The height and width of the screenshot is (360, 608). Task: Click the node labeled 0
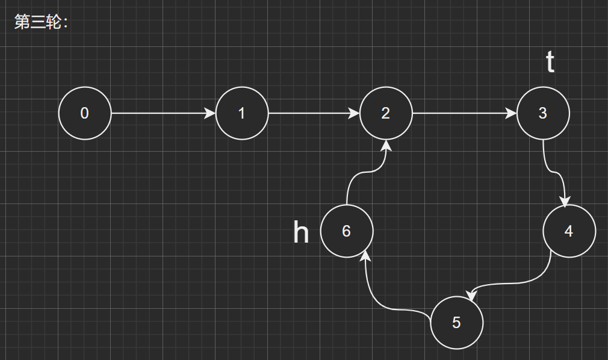click(x=85, y=113)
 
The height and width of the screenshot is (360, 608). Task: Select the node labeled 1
click(x=241, y=113)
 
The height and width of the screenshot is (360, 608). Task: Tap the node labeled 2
click(x=386, y=113)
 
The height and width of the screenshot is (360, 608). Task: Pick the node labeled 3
click(x=542, y=113)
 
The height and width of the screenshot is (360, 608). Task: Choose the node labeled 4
click(x=569, y=231)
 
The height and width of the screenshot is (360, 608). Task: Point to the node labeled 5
click(x=457, y=323)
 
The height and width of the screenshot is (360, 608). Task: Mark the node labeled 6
click(x=347, y=231)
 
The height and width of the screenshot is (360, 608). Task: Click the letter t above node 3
click(x=550, y=62)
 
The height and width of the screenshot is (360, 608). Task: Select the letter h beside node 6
click(x=301, y=232)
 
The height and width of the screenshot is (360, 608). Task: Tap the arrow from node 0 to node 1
click(x=163, y=113)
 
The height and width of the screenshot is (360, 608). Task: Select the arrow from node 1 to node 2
click(x=313, y=113)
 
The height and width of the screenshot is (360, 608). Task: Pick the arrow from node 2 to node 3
click(x=464, y=113)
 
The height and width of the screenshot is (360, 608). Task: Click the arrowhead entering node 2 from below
click(x=386, y=146)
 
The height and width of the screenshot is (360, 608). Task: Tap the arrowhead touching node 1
click(x=210, y=113)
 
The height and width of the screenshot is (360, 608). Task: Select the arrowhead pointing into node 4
click(x=565, y=201)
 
